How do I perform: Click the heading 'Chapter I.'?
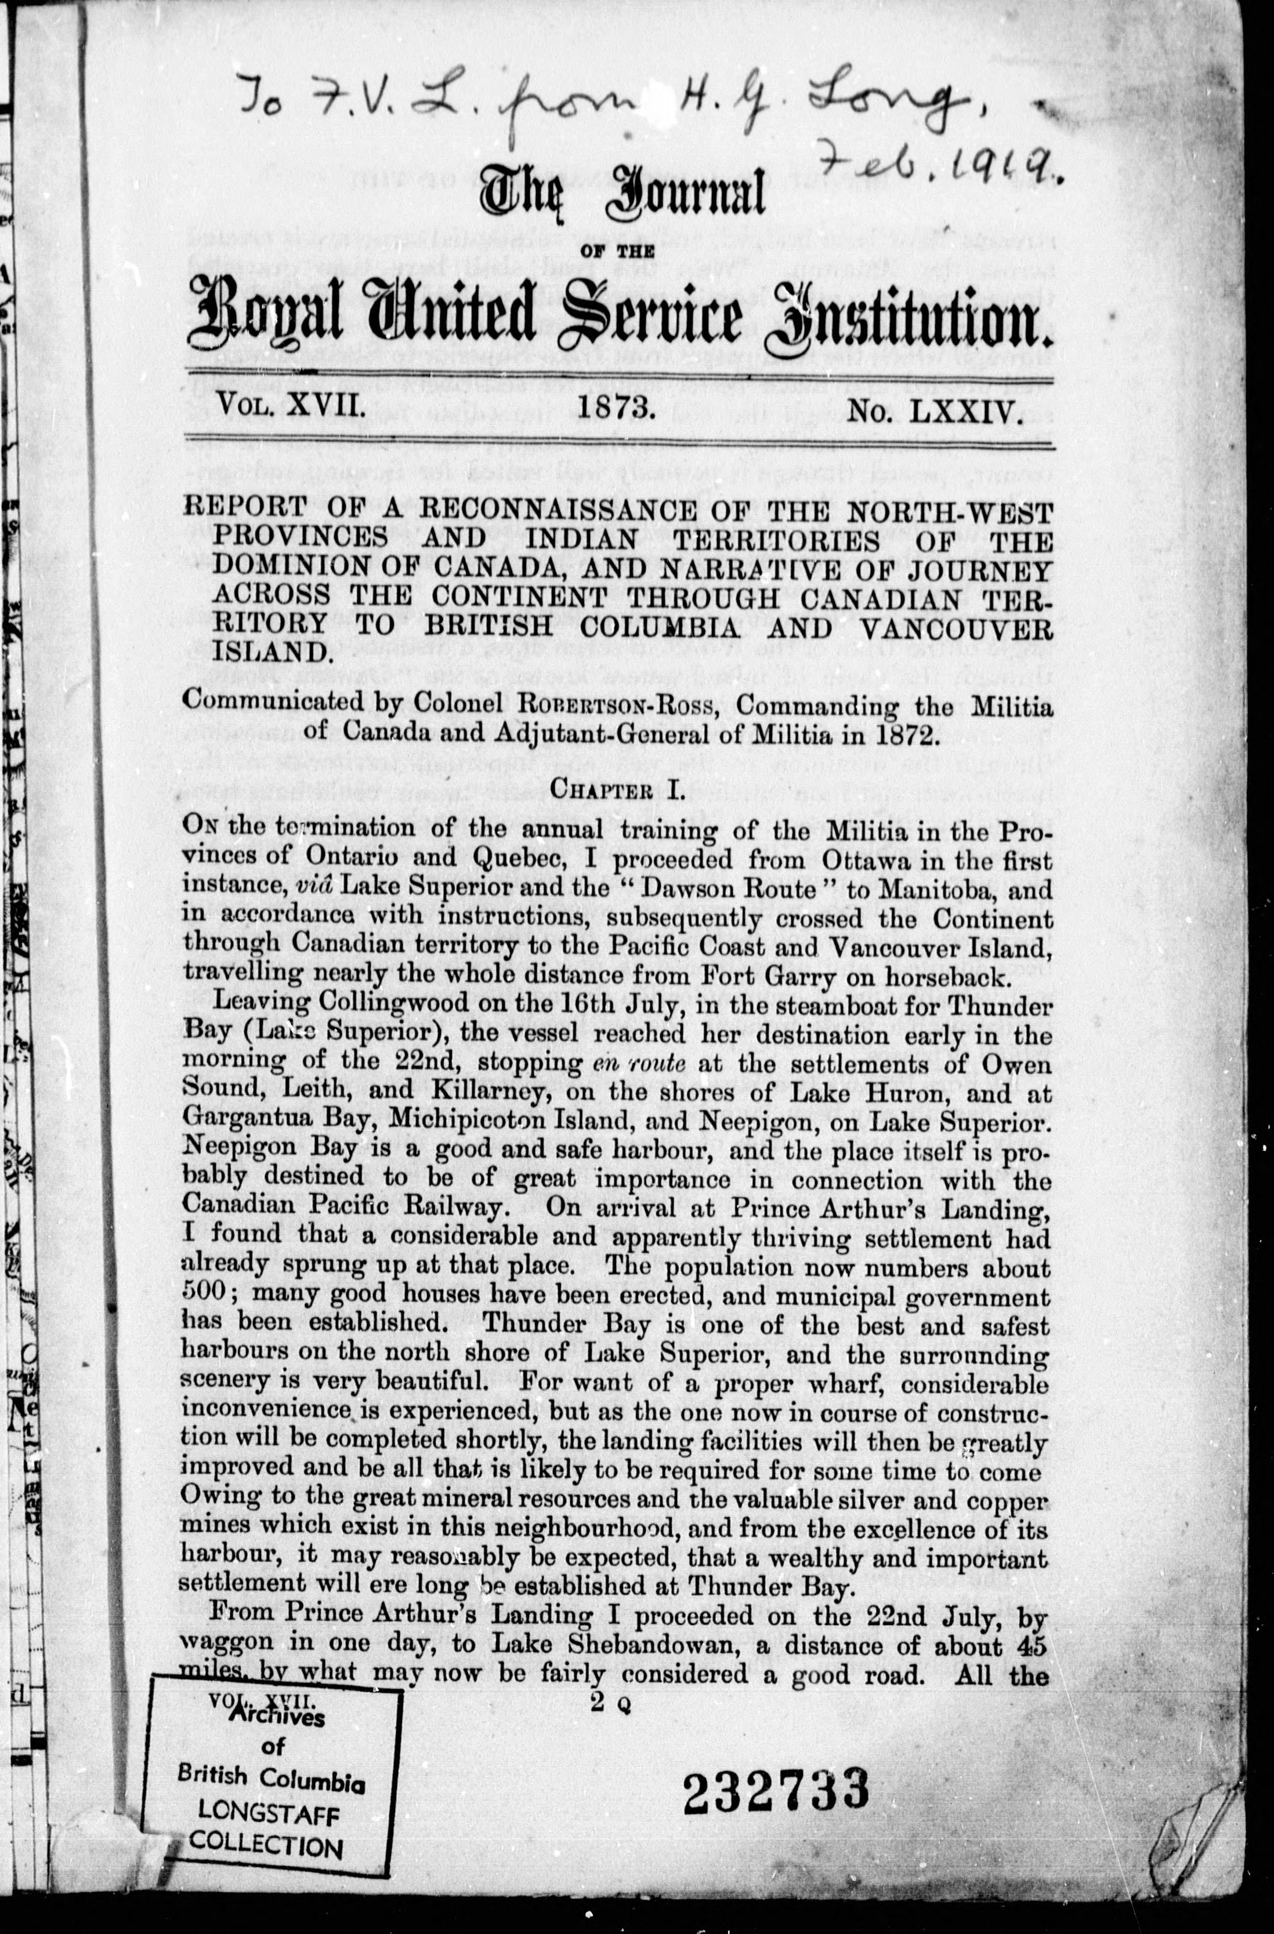(618, 788)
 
